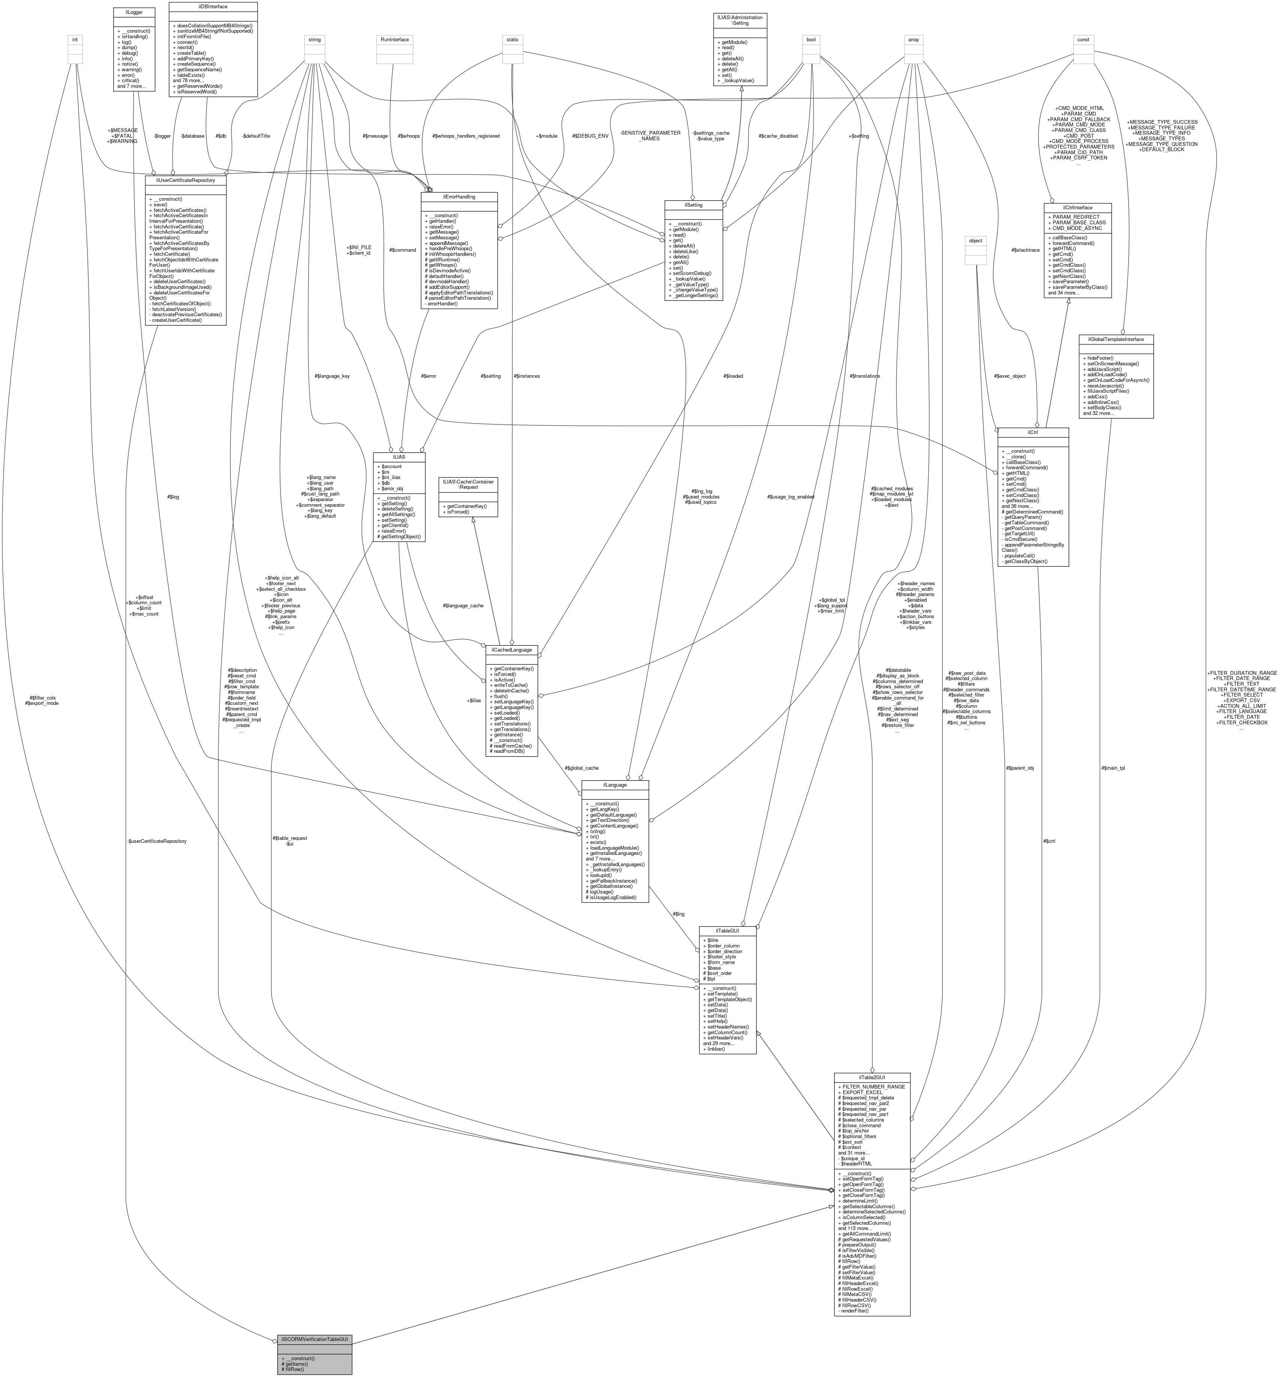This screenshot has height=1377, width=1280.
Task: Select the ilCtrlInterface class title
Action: tap(1077, 207)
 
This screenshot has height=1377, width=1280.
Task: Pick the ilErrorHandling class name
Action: tap(459, 197)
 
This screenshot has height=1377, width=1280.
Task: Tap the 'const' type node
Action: tap(1083, 39)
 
